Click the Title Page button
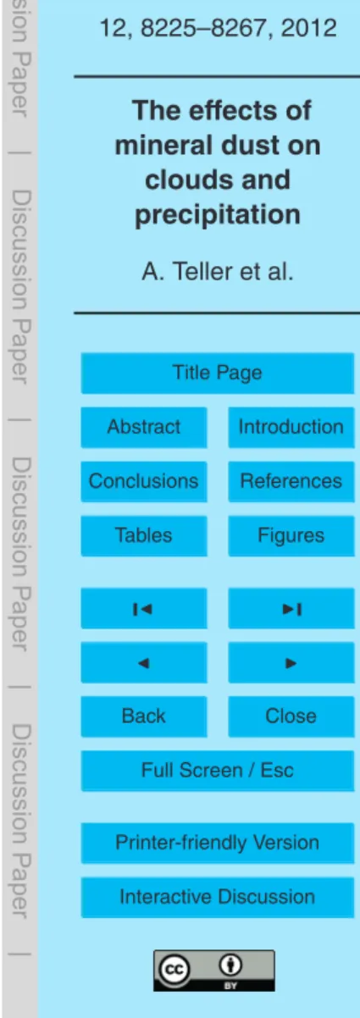point(218,373)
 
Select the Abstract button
point(144,427)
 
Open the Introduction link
point(291,427)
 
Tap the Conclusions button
point(144,481)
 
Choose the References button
point(291,481)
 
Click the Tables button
point(144,536)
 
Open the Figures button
point(291,536)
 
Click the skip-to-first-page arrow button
point(144,608)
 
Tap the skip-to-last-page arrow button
point(291,608)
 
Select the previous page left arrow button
point(144,662)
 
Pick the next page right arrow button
point(291,662)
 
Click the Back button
point(144,716)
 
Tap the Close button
point(291,716)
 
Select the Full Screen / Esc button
point(218,771)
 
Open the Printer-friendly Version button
point(218,843)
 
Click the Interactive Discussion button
point(218,897)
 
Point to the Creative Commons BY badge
point(214,971)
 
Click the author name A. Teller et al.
point(218,272)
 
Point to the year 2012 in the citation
point(309,28)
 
